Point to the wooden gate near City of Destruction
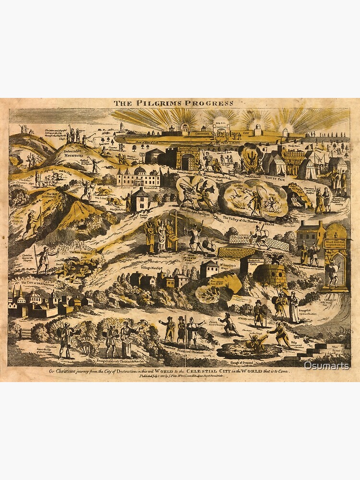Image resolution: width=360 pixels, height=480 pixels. click(27, 332)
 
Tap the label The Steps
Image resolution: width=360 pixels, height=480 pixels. click(339, 349)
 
